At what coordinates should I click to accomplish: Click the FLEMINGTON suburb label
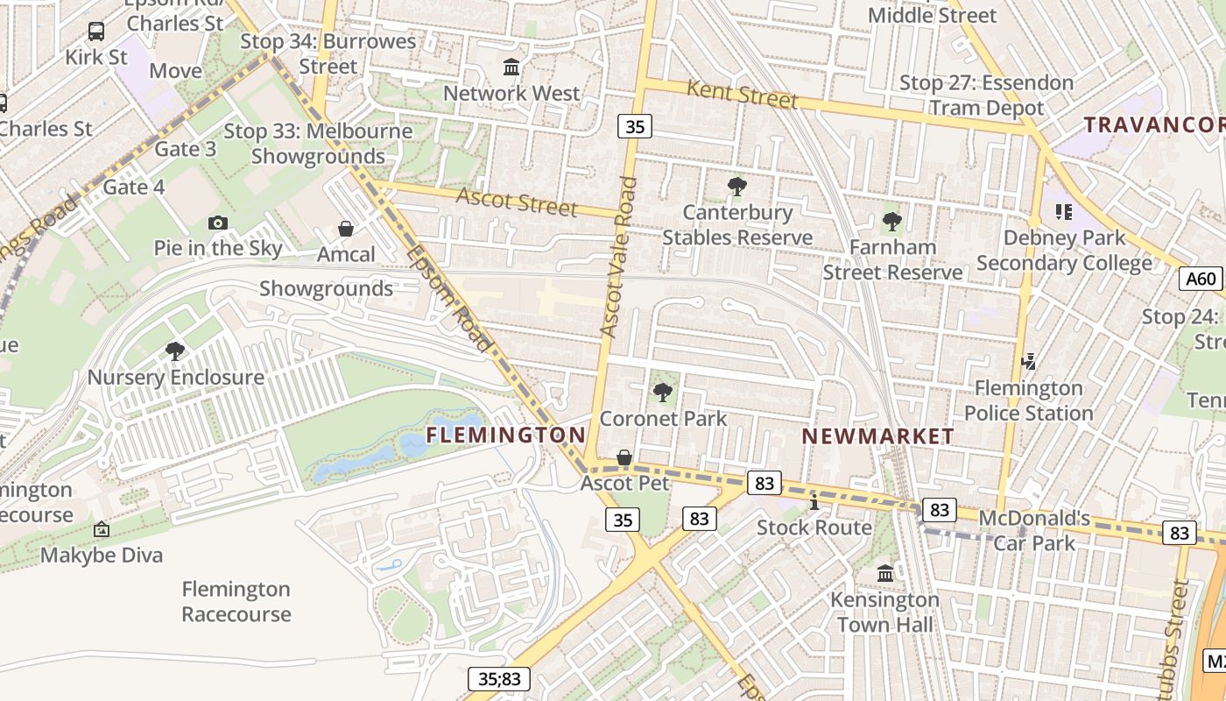coord(505,435)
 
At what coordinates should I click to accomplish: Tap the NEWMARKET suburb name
coord(877,435)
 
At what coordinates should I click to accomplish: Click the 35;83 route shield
coord(499,677)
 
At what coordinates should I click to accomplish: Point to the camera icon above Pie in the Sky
coord(218,223)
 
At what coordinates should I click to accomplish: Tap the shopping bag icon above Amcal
coord(346,229)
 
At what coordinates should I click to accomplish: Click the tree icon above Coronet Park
coord(663,393)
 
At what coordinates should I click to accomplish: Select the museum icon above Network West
coord(511,67)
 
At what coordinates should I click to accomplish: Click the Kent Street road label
coord(742,94)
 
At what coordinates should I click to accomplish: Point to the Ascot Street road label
coord(517,202)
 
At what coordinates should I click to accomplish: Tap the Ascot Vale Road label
coord(618,257)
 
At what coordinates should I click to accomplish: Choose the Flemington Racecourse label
coord(236,601)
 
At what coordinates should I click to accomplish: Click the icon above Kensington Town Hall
coord(884,574)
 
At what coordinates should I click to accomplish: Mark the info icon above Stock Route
coord(814,502)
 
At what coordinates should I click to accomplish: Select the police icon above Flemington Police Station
coord(1029,361)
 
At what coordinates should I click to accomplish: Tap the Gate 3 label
coord(185,149)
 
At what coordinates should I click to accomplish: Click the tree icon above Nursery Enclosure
coord(175,351)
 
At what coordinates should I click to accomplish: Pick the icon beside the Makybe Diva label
coord(102,529)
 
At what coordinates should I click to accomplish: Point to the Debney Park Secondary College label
coord(1064,251)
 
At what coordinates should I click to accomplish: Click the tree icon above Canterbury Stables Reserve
coord(737,186)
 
